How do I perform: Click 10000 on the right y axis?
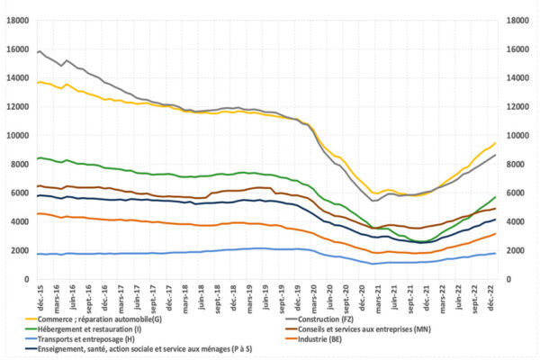click(x=519, y=135)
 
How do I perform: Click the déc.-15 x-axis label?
click(x=39, y=293)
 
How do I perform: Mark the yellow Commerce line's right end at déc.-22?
click(x=495, y=143)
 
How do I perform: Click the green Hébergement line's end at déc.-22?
click(x=495, y=197)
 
